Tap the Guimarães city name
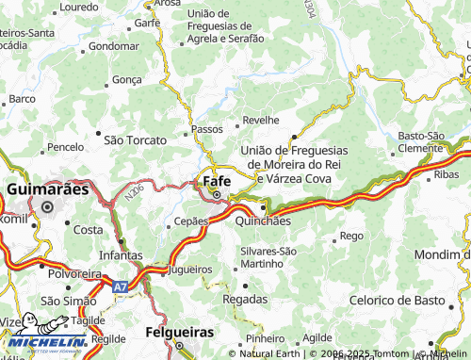47,189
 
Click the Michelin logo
45,343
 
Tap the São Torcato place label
135,139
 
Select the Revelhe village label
261,121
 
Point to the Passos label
206,128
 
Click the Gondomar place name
114,45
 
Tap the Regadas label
244,298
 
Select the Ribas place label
447,175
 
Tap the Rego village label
350,235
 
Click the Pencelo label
65,148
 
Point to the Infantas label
120,255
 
